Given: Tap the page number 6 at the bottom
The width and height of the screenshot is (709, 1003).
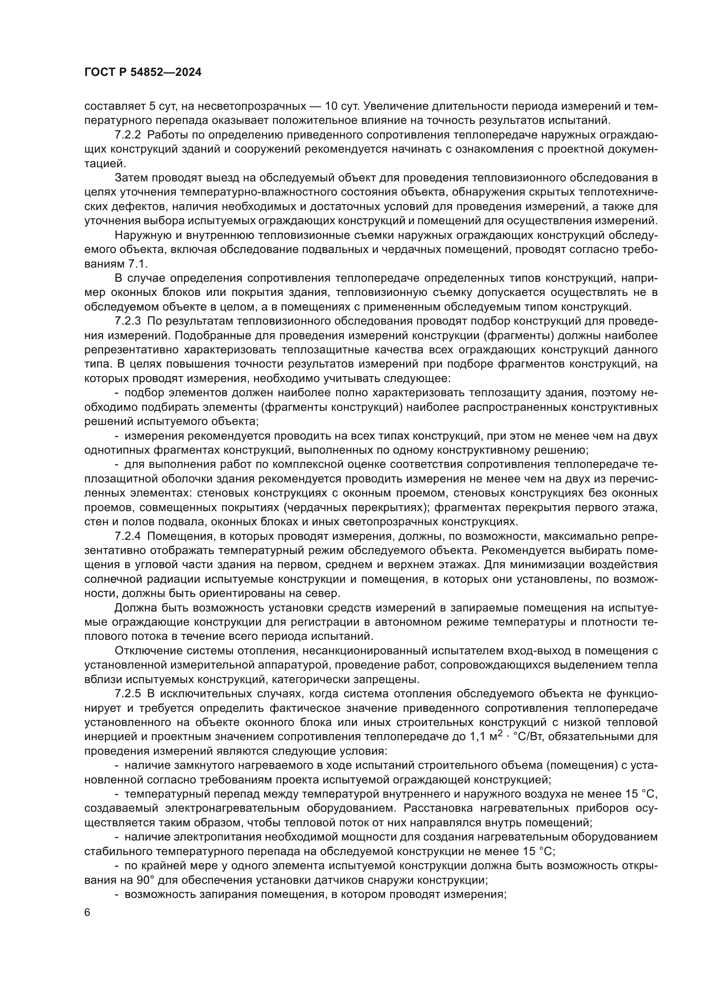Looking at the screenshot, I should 87,913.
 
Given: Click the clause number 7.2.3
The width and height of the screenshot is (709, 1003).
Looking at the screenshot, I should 127,321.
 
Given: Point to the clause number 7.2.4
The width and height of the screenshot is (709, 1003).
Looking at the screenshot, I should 127,536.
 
